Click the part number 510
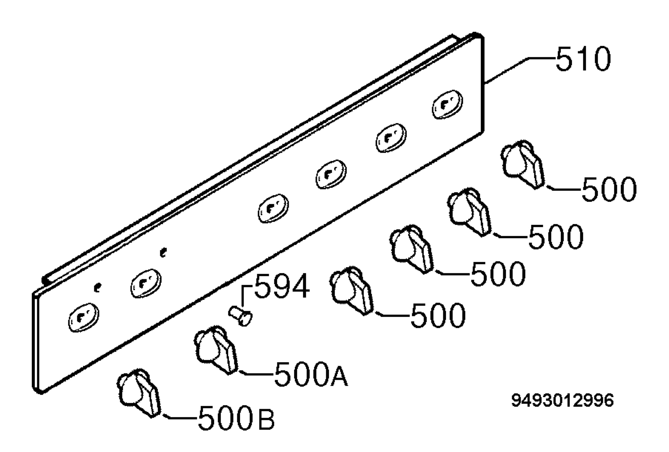583,59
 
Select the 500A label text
311,374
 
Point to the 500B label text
236,417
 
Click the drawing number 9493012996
562,400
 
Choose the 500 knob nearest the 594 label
352,291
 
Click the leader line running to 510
520,71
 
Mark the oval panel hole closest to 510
447,104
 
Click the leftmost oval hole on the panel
83,317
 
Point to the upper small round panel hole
163,252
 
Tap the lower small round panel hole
98,287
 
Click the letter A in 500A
339,374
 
